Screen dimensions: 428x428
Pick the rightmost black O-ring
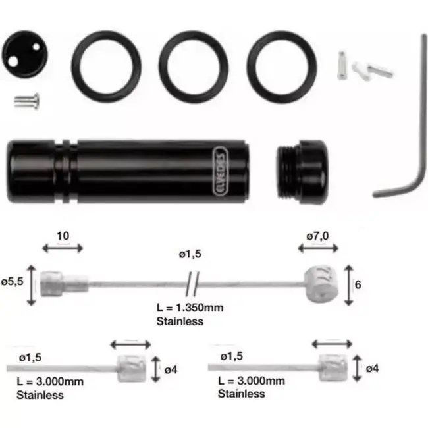point(282,65)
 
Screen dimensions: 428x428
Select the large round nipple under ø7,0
point(319,282)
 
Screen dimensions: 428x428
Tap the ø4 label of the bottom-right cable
point(372,369)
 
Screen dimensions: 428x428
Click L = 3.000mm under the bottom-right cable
point(250,381)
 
